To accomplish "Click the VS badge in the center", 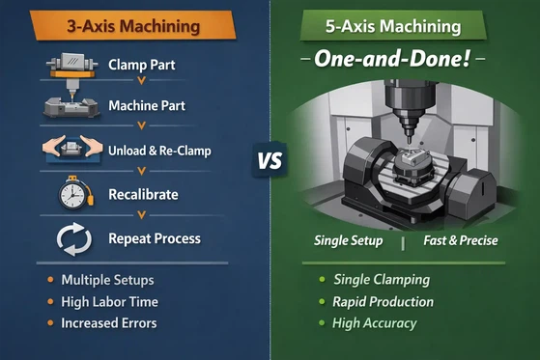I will (270, 159).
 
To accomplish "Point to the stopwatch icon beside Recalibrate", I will (72, 195).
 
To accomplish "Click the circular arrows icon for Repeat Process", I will (72, 236).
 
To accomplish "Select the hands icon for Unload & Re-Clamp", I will (72, 150).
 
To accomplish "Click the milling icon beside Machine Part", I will (72, 104).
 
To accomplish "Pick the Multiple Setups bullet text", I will (108, 280).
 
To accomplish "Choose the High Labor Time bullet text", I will (110, 301).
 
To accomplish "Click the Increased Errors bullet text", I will (108, 322).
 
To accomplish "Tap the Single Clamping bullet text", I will (382, 280).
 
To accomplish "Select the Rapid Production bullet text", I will (384, 301).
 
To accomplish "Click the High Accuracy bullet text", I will (375, 322).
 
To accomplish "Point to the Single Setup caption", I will (349, 240).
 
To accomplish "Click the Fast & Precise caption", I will (460, 240).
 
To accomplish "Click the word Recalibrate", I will (143, 194).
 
